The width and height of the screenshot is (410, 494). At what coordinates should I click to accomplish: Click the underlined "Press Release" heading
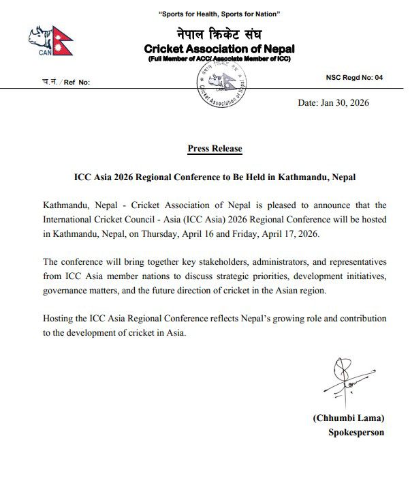point(215,149)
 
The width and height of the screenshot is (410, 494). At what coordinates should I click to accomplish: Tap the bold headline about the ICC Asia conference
point(215,177)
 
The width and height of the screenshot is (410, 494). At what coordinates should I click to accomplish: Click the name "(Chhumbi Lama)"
point(347,418)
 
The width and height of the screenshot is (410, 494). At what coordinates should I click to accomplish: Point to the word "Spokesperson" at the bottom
point(356,433)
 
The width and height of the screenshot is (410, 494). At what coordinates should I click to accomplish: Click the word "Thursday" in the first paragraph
point(226,233)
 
